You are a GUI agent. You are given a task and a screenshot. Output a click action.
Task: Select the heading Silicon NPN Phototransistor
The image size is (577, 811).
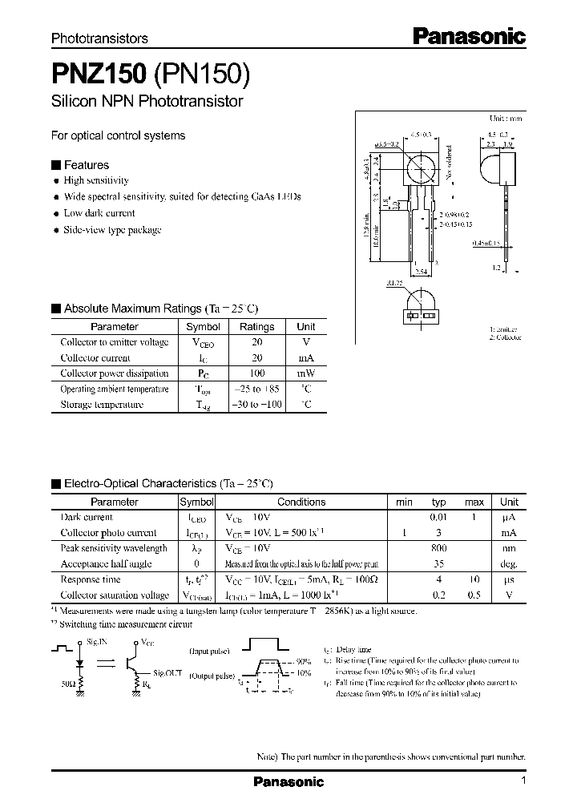pos(147,102)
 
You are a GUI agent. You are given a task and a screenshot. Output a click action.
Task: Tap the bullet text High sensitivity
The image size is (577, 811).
pos(95,181)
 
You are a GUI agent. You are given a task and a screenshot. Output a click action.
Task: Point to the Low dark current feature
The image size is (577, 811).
pos(99,213)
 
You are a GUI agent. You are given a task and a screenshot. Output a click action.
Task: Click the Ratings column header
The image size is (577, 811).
pos(256,327)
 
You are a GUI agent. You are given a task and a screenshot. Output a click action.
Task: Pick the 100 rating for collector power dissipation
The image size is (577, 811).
pos(256,373)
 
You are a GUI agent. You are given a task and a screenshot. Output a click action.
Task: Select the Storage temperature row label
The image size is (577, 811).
pos(102,405)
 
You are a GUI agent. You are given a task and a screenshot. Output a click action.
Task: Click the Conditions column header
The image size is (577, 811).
pos(301,502)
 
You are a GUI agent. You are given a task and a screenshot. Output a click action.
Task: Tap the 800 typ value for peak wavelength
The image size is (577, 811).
pos(438,548)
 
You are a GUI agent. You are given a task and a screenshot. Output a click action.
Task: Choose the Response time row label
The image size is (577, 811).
pos(91,579)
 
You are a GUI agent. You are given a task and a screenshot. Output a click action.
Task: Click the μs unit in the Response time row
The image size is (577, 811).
pos(509,579)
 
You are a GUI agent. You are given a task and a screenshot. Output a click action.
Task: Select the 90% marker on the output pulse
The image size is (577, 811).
pos(302,661)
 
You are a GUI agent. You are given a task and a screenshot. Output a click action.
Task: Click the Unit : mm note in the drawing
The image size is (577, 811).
pos(506,118)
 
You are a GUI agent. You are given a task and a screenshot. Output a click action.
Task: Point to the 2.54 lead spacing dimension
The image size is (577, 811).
pos(421,272)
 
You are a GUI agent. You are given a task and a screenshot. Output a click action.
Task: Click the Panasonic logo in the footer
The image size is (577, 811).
pos(288,781)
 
